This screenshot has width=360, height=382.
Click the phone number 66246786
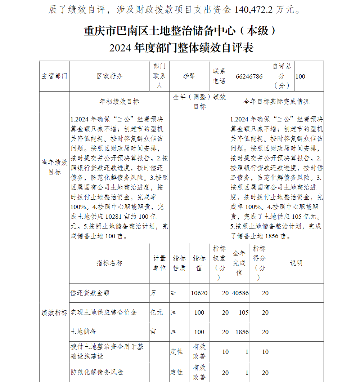pyautogui.click(x=249, y=76)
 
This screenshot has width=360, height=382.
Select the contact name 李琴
pyautogui.click(x=189, y=76)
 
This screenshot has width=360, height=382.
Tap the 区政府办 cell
pyautogui.click(x=109, y=76)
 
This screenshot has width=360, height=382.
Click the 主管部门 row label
pyautogui.click(x=54, y=76)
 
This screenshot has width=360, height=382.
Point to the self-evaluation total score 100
pyautogui.click(x=300, y=76)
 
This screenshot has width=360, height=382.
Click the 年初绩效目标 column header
pyautogui.click(x=119, y=102)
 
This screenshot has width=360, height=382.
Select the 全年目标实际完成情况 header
pyautogui.click(x=276, y=102)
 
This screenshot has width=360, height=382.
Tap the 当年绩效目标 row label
pyautogui.click(x=54, y=167)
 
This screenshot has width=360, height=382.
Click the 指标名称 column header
pyautogui.click(x=109, y=263)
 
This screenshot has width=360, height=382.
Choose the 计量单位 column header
pyautogui.click(x=159, y=263)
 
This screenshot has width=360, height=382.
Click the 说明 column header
pyautogui.click(x=296, y=263)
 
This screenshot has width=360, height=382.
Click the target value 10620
pyautogui.click(x=199, y=293)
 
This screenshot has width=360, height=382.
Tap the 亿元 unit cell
pyautogui.click(x=157, y=312)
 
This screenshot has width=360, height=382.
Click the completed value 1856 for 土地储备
pyautogui.click(x=242, y=332)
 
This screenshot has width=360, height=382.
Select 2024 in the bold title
pyautogui.click(x=120, y=48)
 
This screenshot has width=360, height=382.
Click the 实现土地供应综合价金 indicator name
pyautogui.click(x=104, y=312)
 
